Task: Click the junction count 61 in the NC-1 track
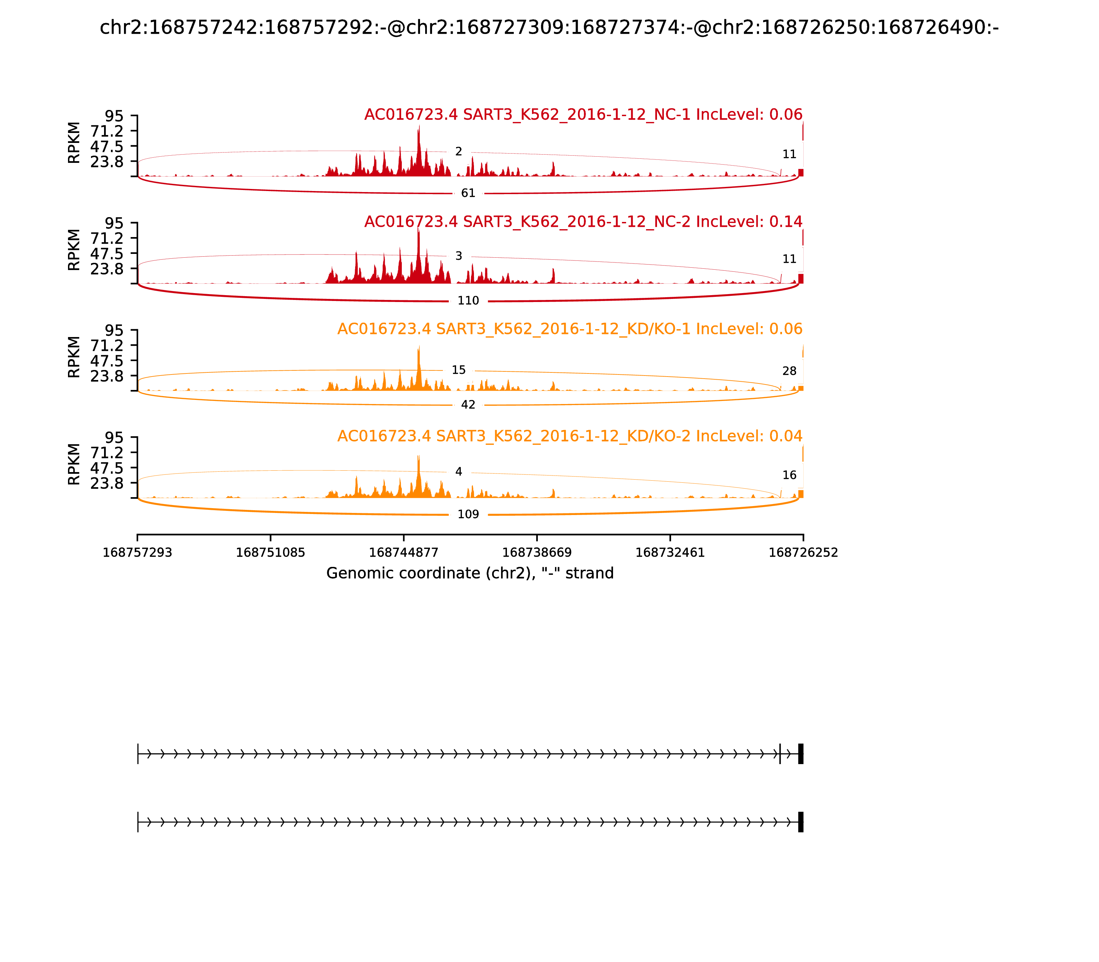click(x=468, y=193)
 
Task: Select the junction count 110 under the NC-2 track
click(x=468, y=301)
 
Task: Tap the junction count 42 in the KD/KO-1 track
click(x=468, y=405)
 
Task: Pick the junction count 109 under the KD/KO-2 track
click(x=468, y=514)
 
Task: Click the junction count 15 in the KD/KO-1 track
click(x=458, y=370)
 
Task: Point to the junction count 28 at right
click(x=789, y=371)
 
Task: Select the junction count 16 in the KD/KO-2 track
click(x=789, y=475)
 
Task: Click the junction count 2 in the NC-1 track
click(x=458, y=152)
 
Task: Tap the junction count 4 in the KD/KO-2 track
click(x=458, y=472)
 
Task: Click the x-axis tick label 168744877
click(x=404, y=553)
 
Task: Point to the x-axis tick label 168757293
click(x=137, y=553)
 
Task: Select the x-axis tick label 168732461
click(x=670, y=553)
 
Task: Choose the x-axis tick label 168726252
click(x=803, y=553)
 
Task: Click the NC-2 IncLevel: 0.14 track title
click(x=583, y=222)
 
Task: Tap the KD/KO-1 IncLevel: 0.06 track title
click(x=569, y=329)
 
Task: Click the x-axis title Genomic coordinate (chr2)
click(x=469, y=573)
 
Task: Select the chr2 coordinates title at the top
click(x=549, y=27)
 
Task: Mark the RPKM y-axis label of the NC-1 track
click(x=74, y=143)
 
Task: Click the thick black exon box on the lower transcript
click(x=801, y=822)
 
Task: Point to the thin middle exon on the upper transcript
click(x=780, y=754)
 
